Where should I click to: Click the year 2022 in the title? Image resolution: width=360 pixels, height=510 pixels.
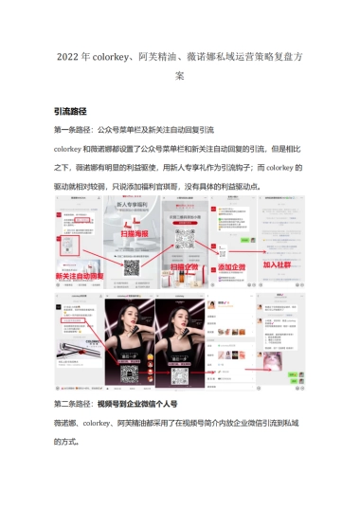pos(68,56)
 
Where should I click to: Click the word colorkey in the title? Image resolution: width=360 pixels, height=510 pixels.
pos(111,56)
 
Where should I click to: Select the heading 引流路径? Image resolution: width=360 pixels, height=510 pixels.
pos(77,111)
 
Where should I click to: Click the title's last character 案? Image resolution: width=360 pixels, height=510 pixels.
pos(180,75)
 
